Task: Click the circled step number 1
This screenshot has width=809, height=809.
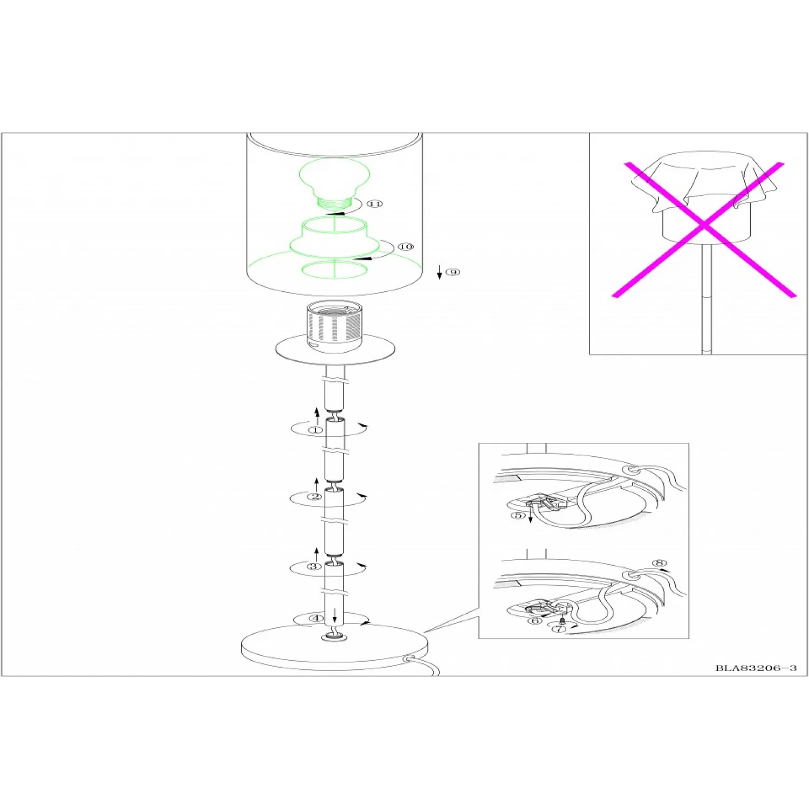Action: (316, 430)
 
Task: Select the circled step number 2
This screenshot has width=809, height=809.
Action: (314, 497)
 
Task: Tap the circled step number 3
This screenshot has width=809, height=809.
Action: (314, 566)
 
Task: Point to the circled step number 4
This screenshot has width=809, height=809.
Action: (316, 618)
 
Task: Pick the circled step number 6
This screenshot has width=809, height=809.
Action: (535, 621)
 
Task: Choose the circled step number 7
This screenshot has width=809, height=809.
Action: (560, 629)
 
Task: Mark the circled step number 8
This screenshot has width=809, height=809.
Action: (660, 563)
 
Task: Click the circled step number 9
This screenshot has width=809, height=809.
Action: (453, 272)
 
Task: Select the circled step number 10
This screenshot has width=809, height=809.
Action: (406, 246)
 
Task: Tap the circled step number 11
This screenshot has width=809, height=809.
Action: (375, 203)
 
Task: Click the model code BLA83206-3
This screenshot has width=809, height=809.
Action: (756, 668)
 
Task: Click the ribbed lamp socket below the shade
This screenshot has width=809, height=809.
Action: (334, 327)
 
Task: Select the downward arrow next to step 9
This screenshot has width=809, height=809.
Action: (440, 272)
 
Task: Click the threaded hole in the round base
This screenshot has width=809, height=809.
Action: (334, 638)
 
